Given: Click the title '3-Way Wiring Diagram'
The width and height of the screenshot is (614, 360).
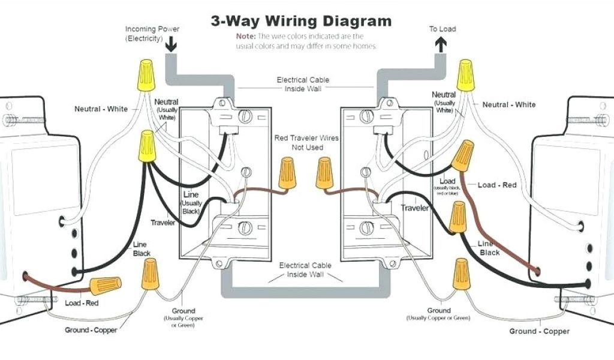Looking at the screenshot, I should tap(301, 22).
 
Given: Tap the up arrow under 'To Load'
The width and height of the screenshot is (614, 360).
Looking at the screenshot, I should tap(441, 43).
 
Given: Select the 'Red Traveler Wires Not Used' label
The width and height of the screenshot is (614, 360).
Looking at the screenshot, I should tap(306, 142).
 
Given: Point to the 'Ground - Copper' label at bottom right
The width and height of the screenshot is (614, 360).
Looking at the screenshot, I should tap(539, 331).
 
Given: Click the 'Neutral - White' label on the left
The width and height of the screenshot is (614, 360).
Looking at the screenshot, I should tap(101, 109).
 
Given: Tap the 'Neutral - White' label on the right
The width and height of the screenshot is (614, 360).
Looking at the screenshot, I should tap(509, 105).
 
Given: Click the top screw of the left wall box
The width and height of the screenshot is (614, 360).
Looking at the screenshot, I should tap(245, 116).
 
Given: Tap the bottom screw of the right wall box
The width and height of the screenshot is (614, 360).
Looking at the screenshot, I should tap(364, 228).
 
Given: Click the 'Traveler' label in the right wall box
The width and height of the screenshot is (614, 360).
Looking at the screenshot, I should tap(414, 208).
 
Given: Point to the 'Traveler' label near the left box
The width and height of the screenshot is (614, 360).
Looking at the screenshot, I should tap(162, 223).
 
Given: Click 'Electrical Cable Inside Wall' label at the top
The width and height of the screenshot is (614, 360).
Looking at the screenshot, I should tap(303, 84).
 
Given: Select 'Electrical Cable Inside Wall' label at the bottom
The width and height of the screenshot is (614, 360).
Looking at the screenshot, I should tap(302, 270).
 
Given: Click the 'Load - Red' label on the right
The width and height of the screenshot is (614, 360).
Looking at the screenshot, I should tap(496, 185).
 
